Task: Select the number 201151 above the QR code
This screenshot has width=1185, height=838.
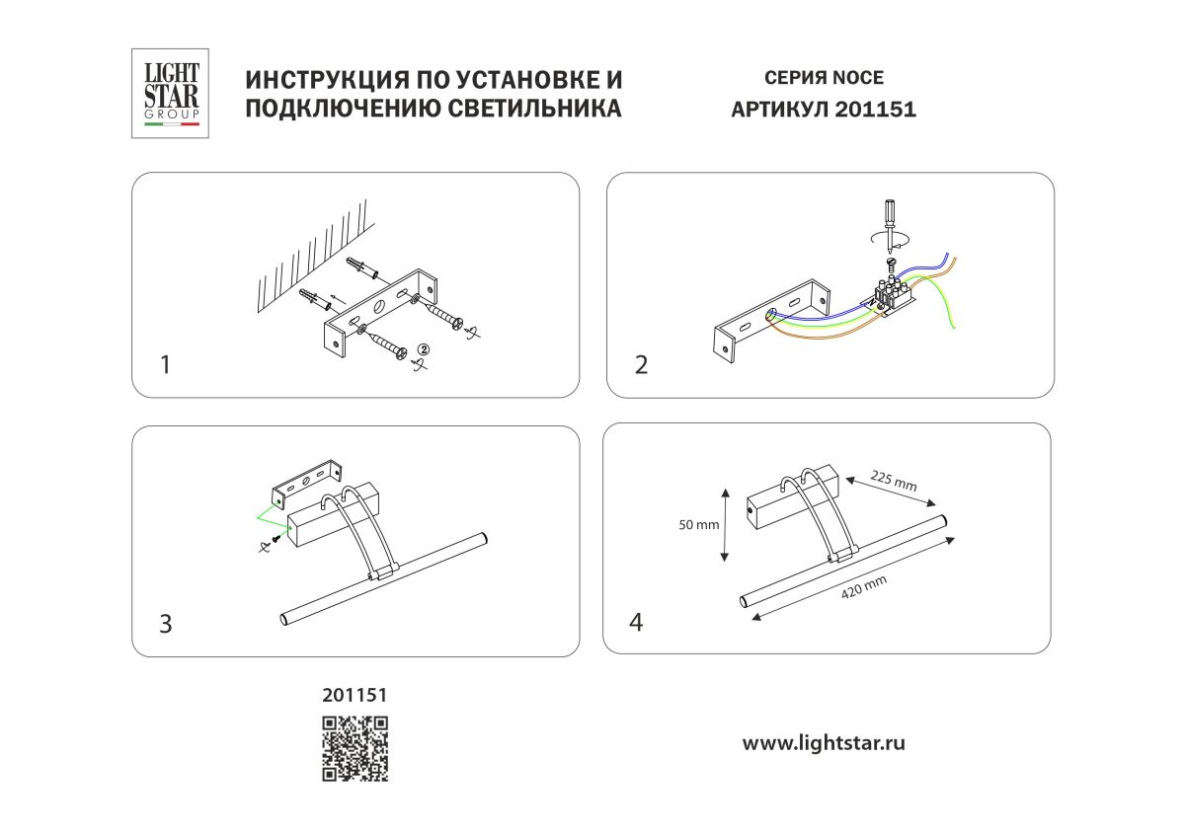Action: [355, 696]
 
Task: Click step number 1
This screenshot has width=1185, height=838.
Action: [165, 365]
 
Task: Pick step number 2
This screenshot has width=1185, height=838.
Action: [641, 365]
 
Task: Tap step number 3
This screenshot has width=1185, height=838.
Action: [165, 624]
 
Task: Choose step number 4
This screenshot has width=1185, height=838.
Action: [636, 623]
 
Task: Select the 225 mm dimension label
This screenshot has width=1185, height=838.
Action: [894, 481]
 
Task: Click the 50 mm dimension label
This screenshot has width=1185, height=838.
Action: [700, 525]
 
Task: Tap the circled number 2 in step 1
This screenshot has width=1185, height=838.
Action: [423, 348]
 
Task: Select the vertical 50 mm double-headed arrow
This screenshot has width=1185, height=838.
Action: [725, 524]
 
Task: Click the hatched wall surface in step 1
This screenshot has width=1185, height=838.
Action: [306, 257]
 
